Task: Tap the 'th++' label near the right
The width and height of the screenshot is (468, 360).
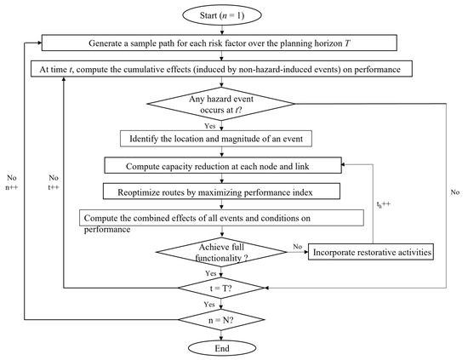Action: tap(362, 206)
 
